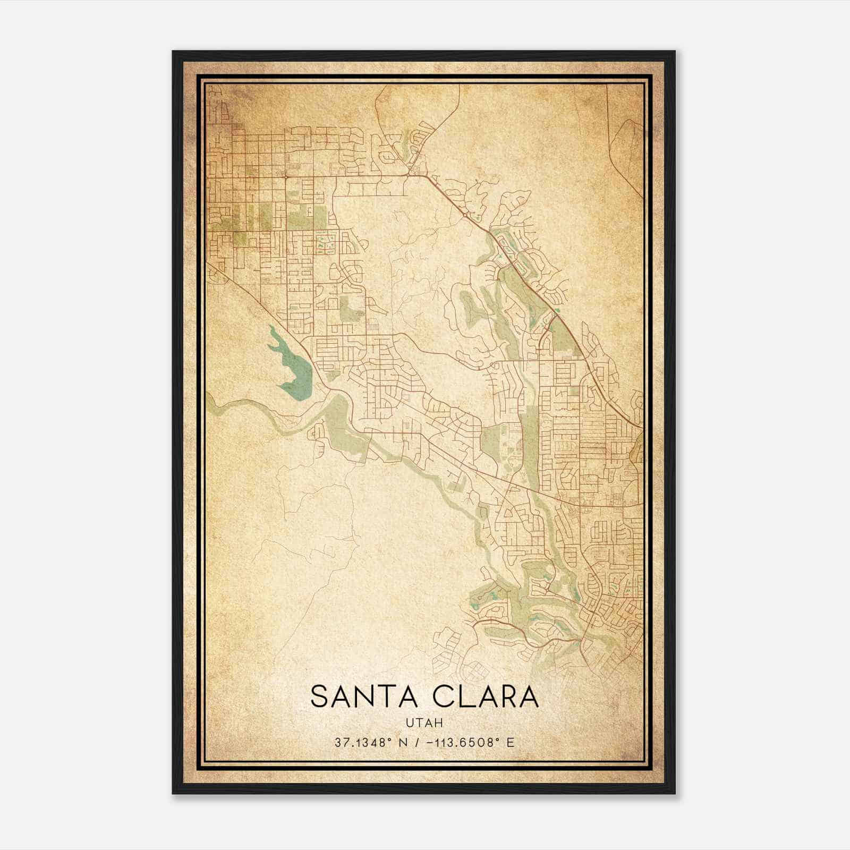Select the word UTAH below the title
(x=424, y=722)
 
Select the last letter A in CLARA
(x=529, y=696)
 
